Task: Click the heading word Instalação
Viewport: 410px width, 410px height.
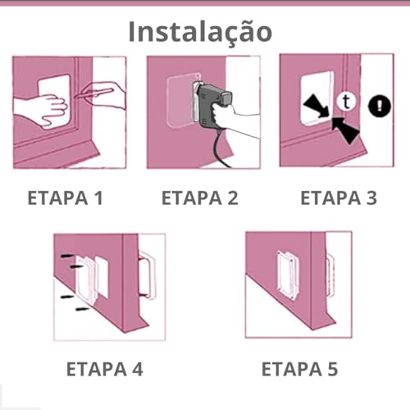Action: click(199, 30)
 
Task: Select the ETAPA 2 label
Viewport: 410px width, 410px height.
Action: click(199, 198)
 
